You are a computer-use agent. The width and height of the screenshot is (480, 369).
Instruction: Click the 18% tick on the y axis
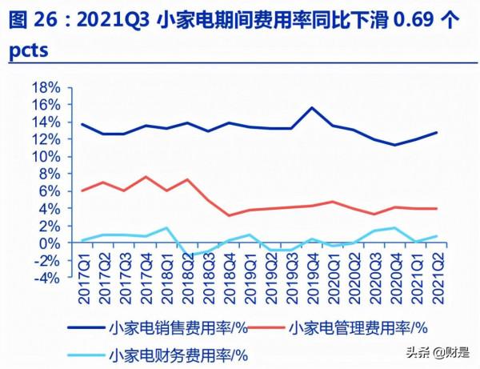pyautogui.click(x=46, y=87)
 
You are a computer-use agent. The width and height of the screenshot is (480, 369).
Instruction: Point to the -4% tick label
pyautogui.click(x=46, y=278)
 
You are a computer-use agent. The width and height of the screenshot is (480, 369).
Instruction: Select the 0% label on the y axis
pyautogui.click(x=50, y=243)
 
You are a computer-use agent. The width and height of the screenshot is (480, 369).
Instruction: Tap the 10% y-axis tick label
pyautogui.click(x=46, y=157)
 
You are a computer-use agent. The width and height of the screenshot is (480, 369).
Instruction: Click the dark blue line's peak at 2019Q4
pyautogui.click(x=311, y=107)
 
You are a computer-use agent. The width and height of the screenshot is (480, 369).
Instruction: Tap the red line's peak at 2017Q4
pyautogui.click(x=145, y=177)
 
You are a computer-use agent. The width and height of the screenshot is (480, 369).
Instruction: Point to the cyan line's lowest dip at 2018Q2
pyautogui.click(x=187, y=255)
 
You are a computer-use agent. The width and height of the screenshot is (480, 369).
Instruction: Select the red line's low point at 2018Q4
pyautogui.click(x=229, y=215)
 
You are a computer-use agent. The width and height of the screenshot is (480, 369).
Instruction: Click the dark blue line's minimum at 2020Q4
pyautogui.click(x=394, y=145)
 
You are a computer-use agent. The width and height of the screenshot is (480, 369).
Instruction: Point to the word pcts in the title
pyautogui.click(x=29, y=50)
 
